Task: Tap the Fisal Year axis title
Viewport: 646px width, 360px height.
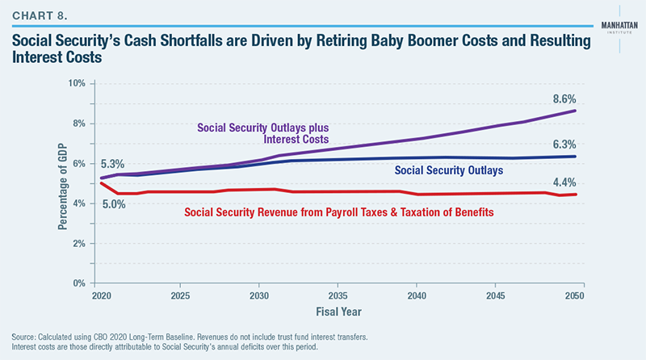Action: (338, 311)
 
